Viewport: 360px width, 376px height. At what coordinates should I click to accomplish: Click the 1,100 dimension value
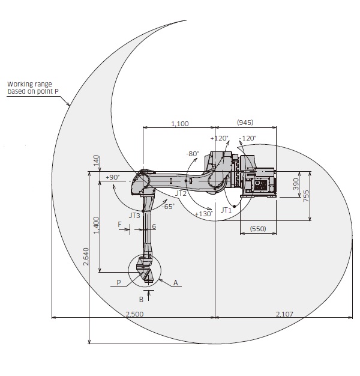click(x=180, y=123)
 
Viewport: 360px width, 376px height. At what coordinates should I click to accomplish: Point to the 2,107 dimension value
click(x=285, y=313)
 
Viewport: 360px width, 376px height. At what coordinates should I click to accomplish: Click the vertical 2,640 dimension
click(x=85, y=258)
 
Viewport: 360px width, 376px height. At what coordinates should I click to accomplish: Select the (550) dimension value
click(x=257, y=229)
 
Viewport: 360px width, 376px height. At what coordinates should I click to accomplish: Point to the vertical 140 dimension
click(x=95, y=161)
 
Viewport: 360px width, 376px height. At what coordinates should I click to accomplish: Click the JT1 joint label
click(x=226, y=210)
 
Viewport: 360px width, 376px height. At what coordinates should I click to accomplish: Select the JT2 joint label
click(x=181, y=193)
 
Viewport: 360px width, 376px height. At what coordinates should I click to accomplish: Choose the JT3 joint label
click(x=134, y=214)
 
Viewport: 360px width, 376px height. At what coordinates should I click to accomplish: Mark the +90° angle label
click(x=112, y=177)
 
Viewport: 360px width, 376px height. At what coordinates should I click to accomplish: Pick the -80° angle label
click(x=192, y=153)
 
